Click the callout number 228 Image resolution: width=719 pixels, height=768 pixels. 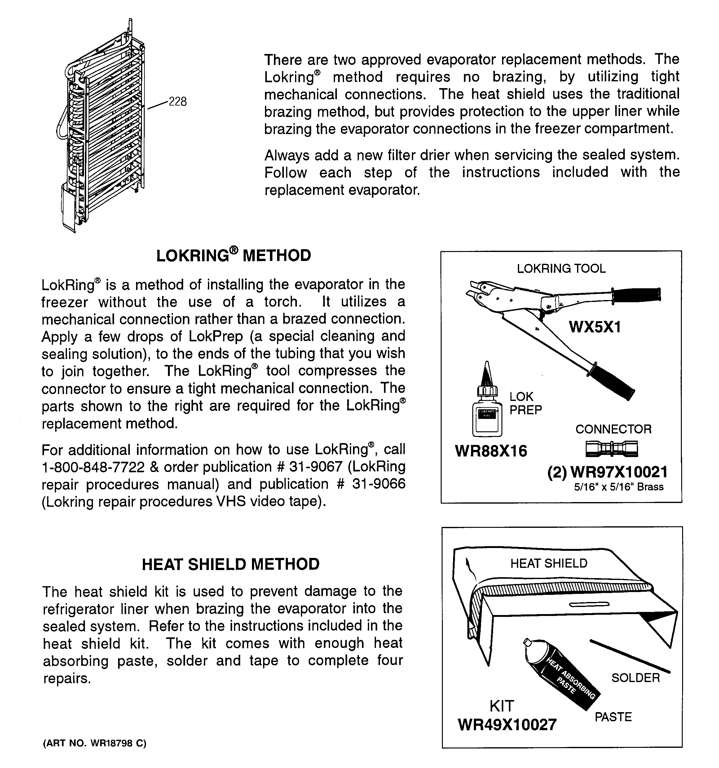(178, 101)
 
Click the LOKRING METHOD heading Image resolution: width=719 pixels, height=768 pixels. (233, 255)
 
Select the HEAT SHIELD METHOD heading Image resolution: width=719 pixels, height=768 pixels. (230, 564)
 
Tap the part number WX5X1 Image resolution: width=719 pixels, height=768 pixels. (595, 327)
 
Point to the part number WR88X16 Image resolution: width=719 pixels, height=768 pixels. (491, 451)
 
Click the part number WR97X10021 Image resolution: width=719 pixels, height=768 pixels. (618, 472)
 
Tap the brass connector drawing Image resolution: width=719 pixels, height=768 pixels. (611, 448)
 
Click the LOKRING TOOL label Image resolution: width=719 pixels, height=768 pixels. (561, 268)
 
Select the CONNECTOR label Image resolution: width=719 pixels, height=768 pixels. (613, 429)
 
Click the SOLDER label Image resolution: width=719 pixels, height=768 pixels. (635, 678)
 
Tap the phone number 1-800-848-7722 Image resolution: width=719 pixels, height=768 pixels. (93, 467)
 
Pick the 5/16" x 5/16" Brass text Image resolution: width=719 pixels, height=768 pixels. (619, 487)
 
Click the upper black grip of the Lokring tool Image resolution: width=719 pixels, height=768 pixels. (637, 295)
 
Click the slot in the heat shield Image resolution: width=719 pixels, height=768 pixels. (589, 604)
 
